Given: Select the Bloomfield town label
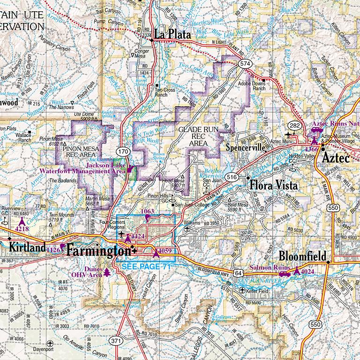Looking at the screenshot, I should click(x=303, y=256).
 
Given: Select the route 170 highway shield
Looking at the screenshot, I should click(x=123, y=151).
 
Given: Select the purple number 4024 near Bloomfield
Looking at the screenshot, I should click(x=307, y=271).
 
